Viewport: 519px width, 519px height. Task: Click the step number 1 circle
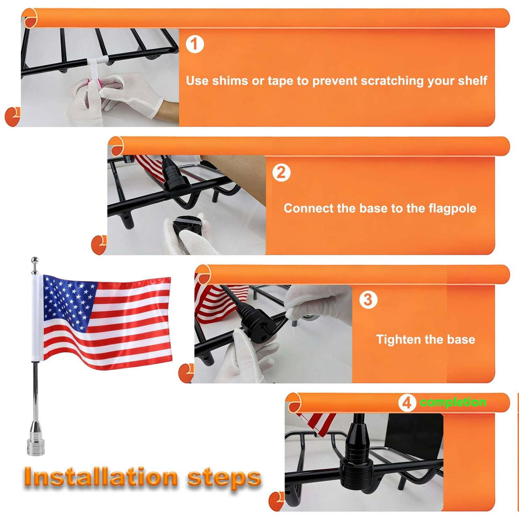(195, 44)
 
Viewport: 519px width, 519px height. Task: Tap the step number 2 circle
(281, 173)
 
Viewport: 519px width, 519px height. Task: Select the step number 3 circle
(368, 300)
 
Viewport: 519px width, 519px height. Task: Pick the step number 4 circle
(407, 403)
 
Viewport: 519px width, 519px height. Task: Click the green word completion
(453, 402)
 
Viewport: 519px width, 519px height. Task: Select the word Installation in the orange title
(101, 477)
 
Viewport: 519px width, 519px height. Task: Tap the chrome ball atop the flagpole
(35, 260)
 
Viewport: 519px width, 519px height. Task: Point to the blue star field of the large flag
(69, 301)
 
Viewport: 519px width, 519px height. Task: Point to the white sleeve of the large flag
(37, 318)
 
